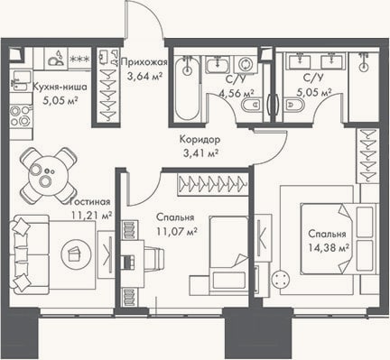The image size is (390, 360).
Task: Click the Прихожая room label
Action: click(144, 62)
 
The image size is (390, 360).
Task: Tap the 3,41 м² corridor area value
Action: click(200, 153)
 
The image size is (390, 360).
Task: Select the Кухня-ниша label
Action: click(60, 88)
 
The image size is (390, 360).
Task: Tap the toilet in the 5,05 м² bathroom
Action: click(294, 105)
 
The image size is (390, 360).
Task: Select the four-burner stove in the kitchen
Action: click(20, 116)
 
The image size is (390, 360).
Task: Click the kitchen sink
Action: click(20, 80)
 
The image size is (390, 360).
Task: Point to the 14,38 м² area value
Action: click(329, 248)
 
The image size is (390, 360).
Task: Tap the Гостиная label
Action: click(89, 202)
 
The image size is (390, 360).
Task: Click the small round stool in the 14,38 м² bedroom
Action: click(281, 281)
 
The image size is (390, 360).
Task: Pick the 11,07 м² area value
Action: click(177, 231)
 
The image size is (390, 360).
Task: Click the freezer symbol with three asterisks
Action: click(79, 59)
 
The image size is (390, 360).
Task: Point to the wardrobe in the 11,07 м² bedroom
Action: click(213, 184)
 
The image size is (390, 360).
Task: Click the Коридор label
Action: click(200, 139)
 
